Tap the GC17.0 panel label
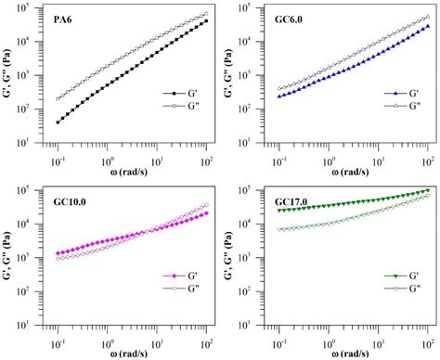pyautogui.click(x=295, y=200)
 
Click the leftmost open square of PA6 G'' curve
pyautogui.click(x=58, y=98)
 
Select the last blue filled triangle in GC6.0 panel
pyautogui.click(x=426, y=27)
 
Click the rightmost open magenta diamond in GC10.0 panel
pyautogui.click(x=204, y=206)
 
